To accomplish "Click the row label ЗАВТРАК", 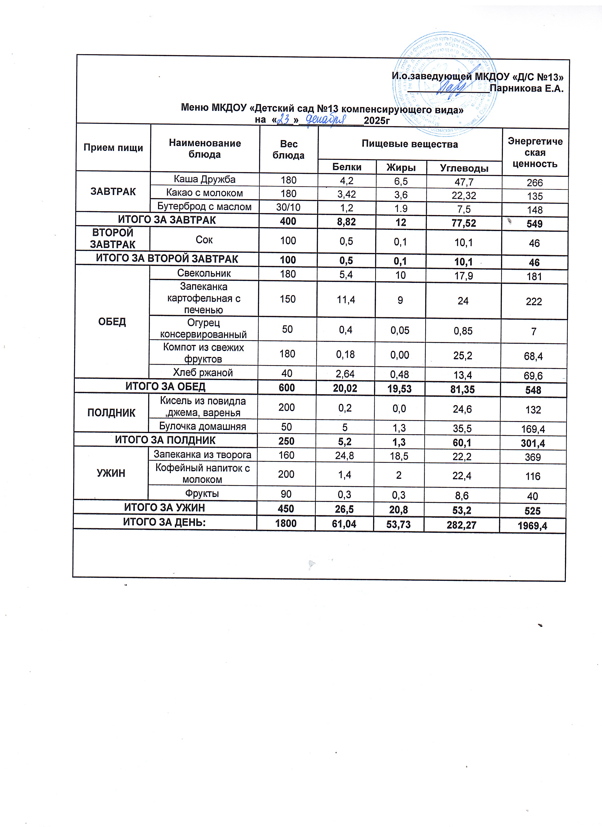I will (x=113, y=192).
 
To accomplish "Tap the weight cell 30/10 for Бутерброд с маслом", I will (x=288, y=207).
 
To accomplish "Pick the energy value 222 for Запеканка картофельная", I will (x=534, y=302).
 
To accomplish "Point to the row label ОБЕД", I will (x=112, y=322).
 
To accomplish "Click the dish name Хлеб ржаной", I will (x=203, y=373).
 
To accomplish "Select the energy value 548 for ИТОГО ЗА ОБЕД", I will (x=533, y=390).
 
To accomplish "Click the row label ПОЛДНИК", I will (x=111, y=413).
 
